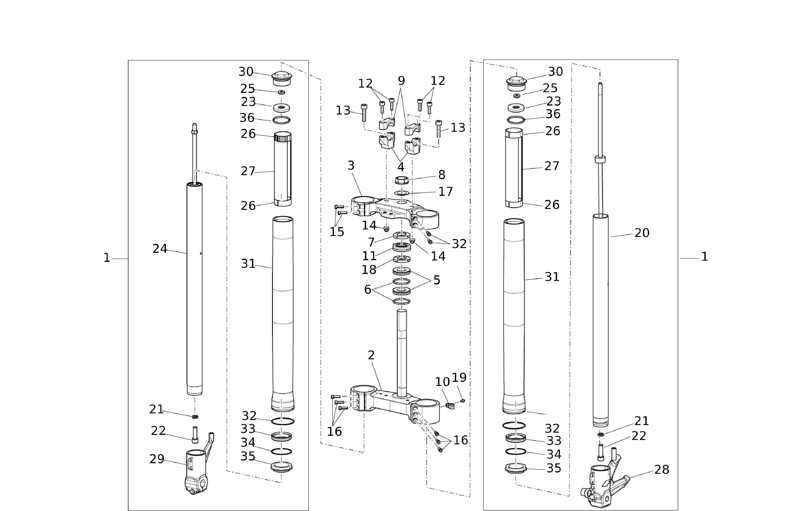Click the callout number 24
pos(160,249)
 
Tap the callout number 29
pos(157,459)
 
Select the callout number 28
pos(662,470)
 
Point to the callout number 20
pos(642,233)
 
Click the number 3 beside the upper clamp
pos(351,166)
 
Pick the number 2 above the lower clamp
pos(371,355)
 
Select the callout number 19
pos(459,378)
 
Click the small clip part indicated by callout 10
pos(449,406)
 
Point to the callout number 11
pos(369,256)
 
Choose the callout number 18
pos(369,270)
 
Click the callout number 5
pos(437,280)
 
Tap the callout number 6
pos(368,290)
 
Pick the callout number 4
pos(401,167)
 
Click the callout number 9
pos(401,81)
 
